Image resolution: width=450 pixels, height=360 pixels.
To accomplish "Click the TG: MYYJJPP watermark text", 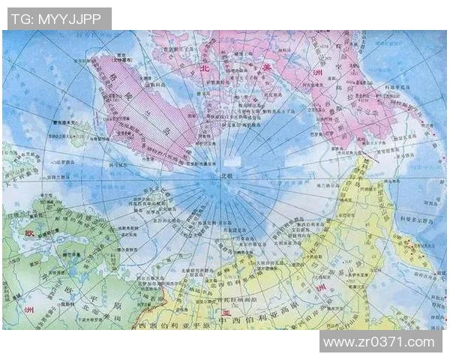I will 56,18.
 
